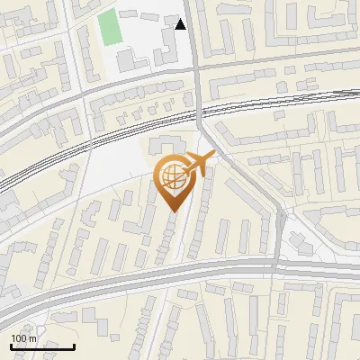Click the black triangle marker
click(x=181, y=24)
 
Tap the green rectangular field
click(x=109, y=28)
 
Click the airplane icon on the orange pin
click(x=198, y=163)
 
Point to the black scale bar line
click(x=42, y=346)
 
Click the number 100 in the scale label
click(x=19, y=338)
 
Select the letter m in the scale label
click(x=32, y=338)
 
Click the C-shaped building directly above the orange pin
click(x=166, y=146)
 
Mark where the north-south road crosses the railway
click(x=200, y=112)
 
